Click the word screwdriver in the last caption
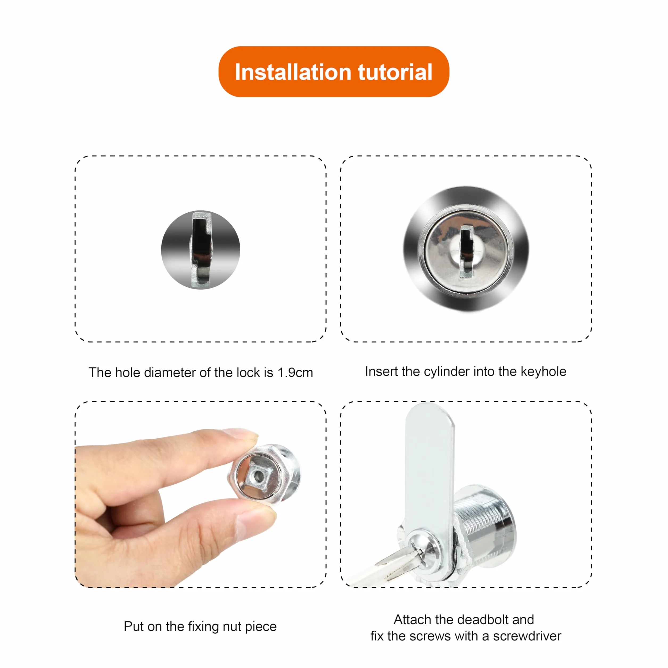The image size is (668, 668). pos(527,636)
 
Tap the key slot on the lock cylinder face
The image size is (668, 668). pos(466,252)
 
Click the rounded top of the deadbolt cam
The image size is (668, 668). pos(430,413)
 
